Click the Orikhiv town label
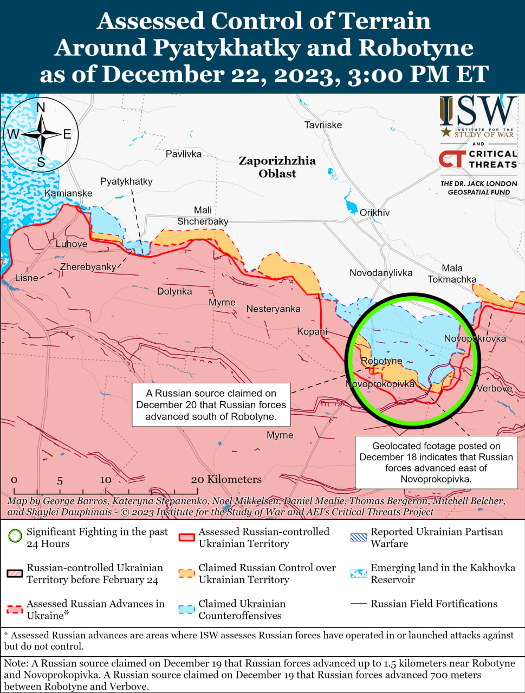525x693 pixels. pyautogui.click(x=374, y=213)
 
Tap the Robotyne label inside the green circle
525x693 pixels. pyautogui.click(x=381, y=361)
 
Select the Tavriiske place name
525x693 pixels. pyautogui.click(x=323, y=125)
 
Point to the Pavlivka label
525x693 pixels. pyautogui.click(x=184, y=154)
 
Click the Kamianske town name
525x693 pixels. pyautogui.click(x=68, y=193)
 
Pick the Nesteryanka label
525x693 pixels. pyautogui.click(x=273, y=309)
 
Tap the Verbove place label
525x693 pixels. pyautogui.click(x=494, y=388)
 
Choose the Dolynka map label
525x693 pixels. pyautogui.click(x=174, y=291)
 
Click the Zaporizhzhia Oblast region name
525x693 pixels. pyautogui.click(x=277, y=167)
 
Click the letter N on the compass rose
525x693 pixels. pyautogui.click(x=41, y=107)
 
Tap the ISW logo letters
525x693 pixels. pyautogui.click(x=477, y=112)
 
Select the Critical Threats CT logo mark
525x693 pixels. pyautogui.click(x=451, y=159)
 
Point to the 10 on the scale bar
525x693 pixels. pyautogui.click(x=106, y=480)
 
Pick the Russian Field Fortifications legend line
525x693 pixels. pyautogui.click(x=358, y=604)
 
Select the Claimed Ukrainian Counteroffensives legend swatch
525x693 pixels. pyautogui.click(x=186, y=609)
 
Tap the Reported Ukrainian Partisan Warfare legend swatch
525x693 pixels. pyautogui.click(x=358, y=538)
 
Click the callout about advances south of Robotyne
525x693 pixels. pyautogui.click(x=211, y=405)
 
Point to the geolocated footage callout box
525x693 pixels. pyautogui.click(x=436, y=462)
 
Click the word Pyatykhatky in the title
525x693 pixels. pyautogui.click(x=226, y=48)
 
